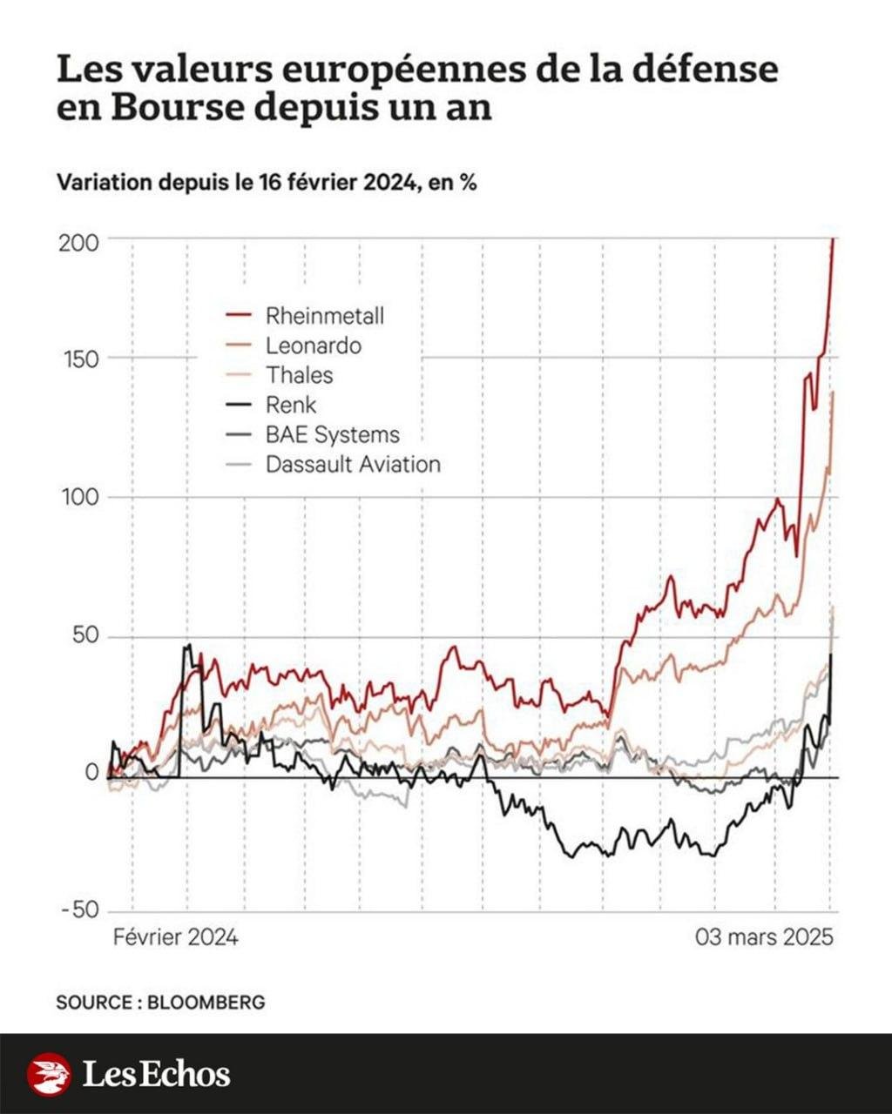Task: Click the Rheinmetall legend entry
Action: pos(324,315)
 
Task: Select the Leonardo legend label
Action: pos(313,346)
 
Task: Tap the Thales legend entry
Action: pos(299,375)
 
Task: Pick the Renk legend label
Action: pos(291,405)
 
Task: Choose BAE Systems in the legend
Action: pos(332,434)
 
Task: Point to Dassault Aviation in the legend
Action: pos(353,464)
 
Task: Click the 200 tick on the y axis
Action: pos(78,242)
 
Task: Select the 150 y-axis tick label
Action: pos(80,359)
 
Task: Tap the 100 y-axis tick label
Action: pos(79,498)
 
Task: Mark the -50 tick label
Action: pos(80,910)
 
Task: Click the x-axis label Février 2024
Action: pos(176,937)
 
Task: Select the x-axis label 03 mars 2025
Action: pos(764,937)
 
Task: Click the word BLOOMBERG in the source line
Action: pos(206,1002)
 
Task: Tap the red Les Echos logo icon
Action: pos(49,1074)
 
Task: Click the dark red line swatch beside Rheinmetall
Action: pos(238,315)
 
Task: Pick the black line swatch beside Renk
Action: pos(238,405)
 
